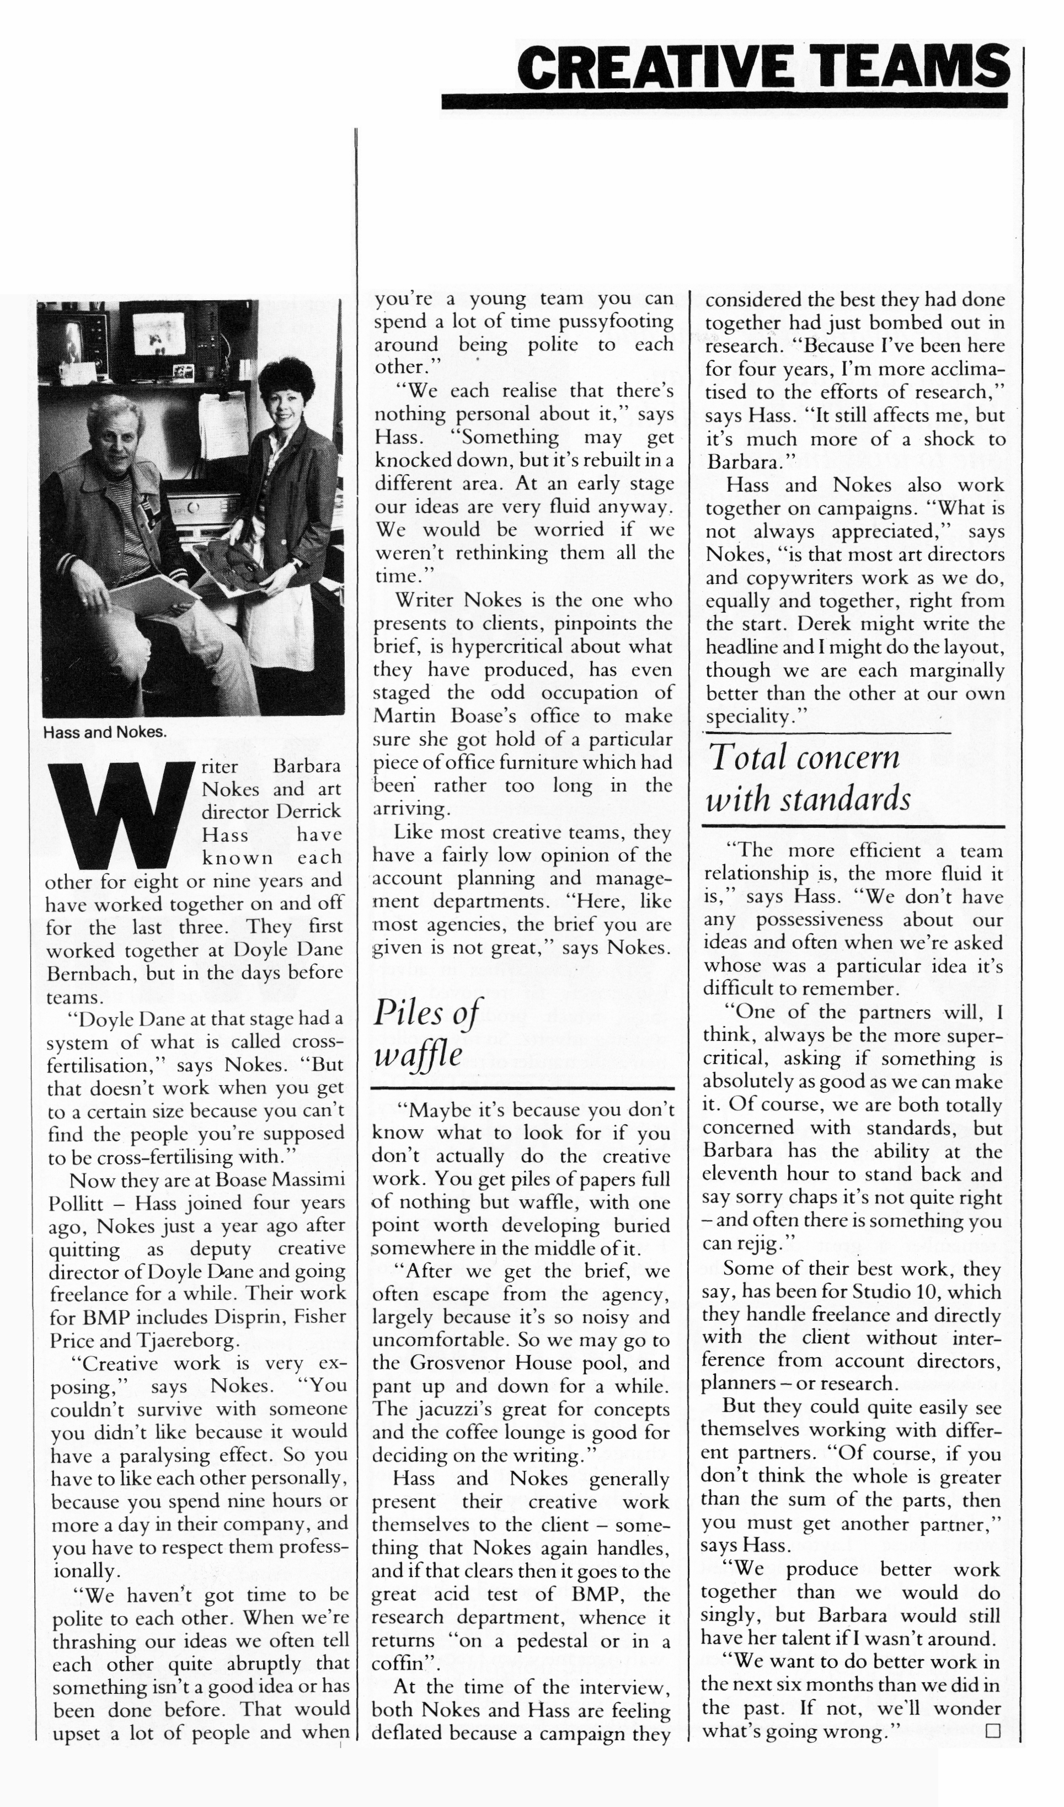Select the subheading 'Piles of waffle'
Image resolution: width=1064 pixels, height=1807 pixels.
(x=428, y=1033)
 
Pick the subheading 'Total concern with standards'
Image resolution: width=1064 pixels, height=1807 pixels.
(x=808, y=778)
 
